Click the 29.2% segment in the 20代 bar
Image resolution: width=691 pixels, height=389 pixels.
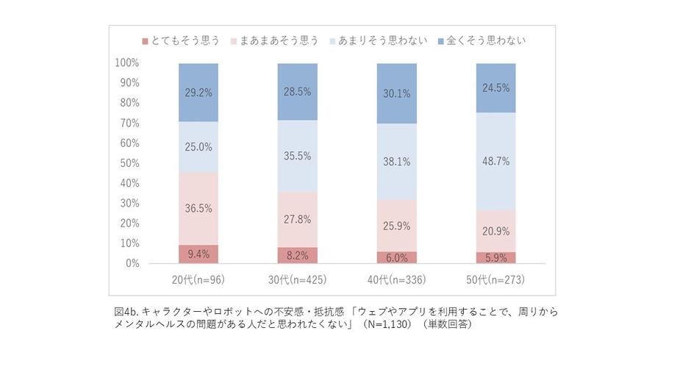pos(198,93)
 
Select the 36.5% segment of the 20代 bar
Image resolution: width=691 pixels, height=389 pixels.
pos(198,208)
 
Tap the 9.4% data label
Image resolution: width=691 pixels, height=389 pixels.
pos(198,254)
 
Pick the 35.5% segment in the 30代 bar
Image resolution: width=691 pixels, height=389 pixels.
pos(297,156)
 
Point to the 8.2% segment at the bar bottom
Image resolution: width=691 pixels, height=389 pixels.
pos(297,255)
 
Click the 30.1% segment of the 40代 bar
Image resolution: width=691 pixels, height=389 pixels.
pos(396,93)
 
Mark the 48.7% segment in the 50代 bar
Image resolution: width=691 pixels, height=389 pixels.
pos(495,161)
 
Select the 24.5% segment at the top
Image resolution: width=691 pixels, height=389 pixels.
pos(495,88)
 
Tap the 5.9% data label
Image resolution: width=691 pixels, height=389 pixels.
pos(495,257)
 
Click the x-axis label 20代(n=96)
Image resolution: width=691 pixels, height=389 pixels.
pos(198,279)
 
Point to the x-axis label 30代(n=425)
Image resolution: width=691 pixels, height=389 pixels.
pos(297,279)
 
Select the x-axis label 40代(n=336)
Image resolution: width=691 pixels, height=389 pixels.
pos(396,279)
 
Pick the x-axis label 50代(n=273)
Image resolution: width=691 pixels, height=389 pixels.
pos(495,279)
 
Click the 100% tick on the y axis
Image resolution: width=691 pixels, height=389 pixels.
pos(129,63)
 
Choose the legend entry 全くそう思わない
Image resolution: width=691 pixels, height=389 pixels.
pos(486,40)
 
